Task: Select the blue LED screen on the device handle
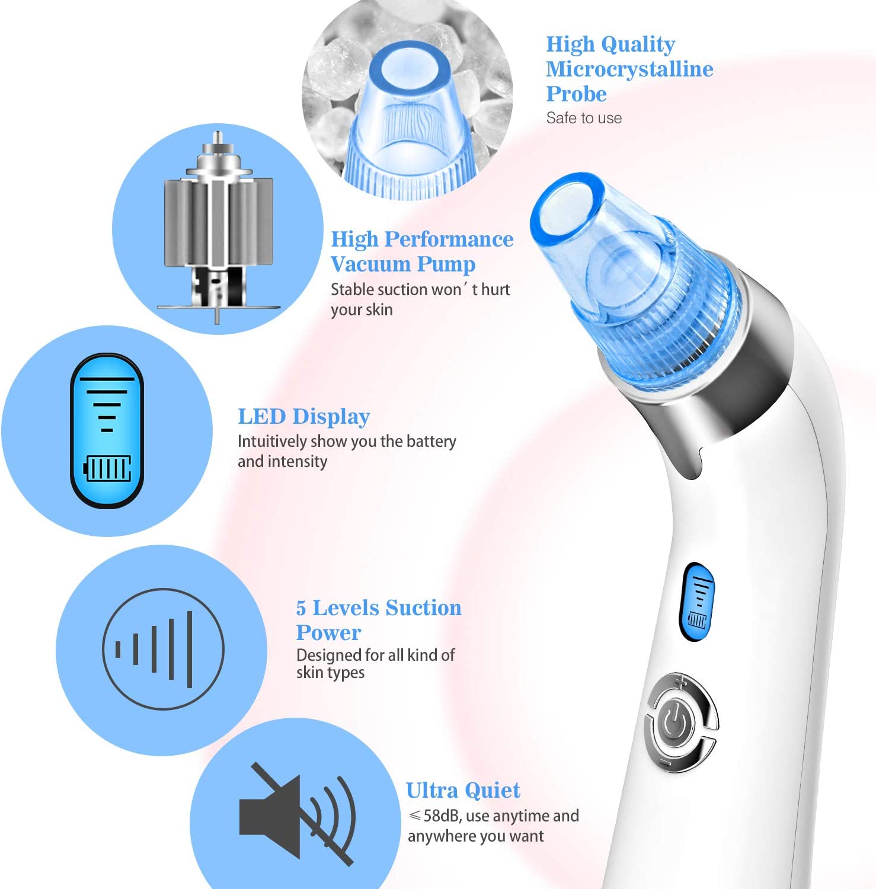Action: (x=698, y=602)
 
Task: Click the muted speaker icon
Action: (x=296, y=814)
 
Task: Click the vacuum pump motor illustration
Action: (x=218, y=228)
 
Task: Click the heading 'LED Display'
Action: (x=303, y=417)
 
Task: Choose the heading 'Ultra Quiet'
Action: (x=463, y=790)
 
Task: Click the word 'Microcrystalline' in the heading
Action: (x=629, y=69)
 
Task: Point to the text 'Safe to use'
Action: (x=584, y=118)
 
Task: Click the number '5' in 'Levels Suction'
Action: (x=301, y=608)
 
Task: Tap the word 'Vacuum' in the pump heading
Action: (x=370, y=264)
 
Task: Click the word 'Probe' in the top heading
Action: (x=576, y=94)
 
